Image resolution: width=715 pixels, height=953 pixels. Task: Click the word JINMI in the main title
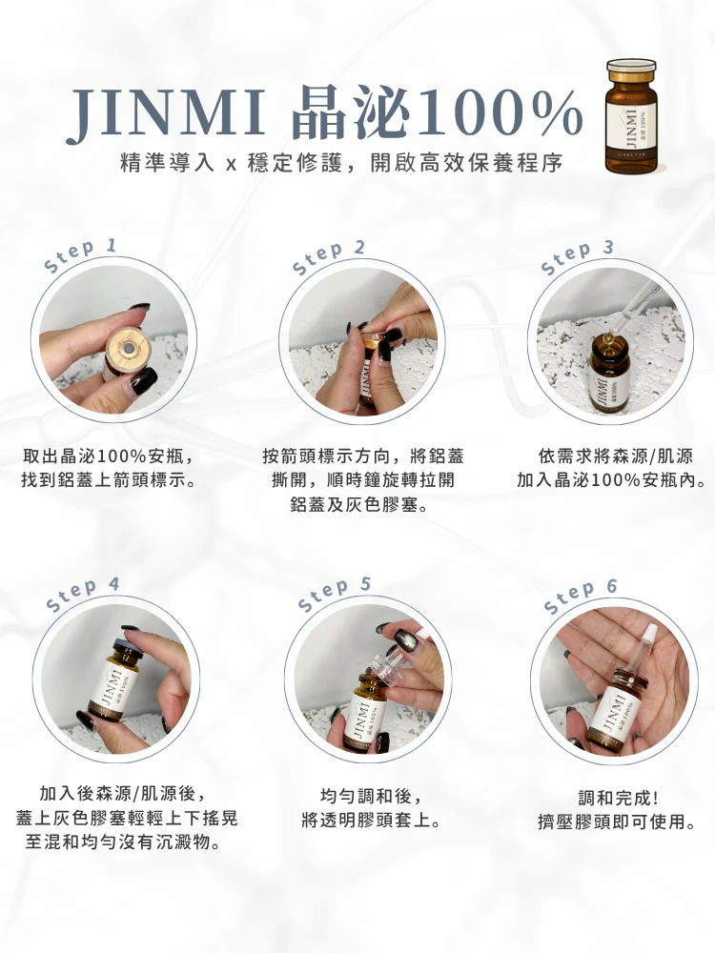tap(165, 113)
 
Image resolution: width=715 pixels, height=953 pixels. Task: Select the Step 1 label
tap(80, 255)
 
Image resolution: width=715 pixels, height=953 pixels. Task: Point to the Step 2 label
tap(328, 257)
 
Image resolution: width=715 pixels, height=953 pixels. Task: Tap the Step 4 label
tap(83, 594)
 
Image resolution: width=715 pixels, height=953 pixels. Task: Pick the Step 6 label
tap(581, 597)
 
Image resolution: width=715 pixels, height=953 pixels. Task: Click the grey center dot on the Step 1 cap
tap(128, 349)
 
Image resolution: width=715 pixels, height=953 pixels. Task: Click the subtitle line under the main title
tap(341, 163)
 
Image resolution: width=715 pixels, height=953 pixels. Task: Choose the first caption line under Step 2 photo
tap(363, 456)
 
